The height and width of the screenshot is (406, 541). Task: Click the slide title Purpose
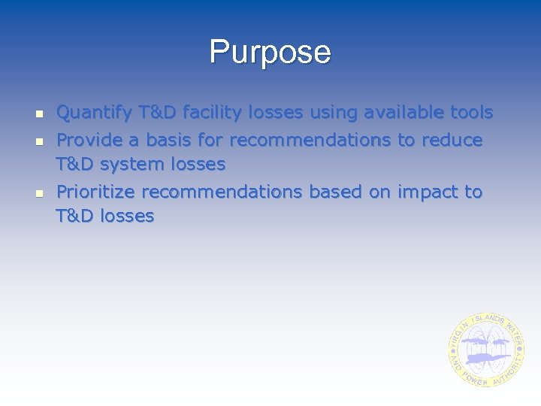tap(270, 53)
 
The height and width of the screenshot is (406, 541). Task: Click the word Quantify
tap(95, 114)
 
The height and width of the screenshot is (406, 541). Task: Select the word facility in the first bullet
tap(216, 114)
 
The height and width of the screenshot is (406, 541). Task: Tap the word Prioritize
tap(96, 192)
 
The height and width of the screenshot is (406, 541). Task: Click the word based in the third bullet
tap(335, 192)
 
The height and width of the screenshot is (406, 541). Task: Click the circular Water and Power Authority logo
tap(486, 350)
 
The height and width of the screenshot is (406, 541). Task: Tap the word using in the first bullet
tap(334, 114)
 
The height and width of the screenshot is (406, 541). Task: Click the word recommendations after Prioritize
tap(222, 192)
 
